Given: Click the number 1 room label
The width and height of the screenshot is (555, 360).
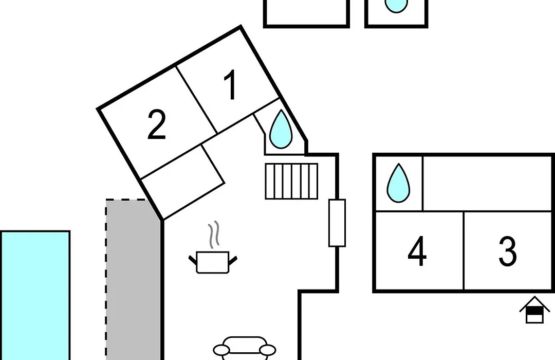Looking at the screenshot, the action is pos(231,85).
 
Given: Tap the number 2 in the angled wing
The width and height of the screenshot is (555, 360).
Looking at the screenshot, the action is pos(156,124).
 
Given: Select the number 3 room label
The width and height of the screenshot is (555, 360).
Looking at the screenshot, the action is pos(508,251).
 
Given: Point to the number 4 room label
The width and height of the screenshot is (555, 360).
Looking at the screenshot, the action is pos(417,251).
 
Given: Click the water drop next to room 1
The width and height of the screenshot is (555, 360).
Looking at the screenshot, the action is pos(281,129).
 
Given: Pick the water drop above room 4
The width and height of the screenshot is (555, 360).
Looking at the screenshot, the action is pos(398,183).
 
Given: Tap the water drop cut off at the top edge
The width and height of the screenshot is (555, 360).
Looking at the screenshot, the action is pos(396,5).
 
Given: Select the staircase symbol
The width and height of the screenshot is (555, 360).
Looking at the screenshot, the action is pos(291,181).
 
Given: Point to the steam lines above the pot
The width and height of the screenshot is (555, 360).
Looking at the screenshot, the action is pos(214,235).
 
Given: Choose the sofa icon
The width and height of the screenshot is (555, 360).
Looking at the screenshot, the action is pos(244,348).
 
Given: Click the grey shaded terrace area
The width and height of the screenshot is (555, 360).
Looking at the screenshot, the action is pos(133,280).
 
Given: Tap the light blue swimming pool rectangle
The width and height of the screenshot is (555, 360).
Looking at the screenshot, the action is pos(35,296).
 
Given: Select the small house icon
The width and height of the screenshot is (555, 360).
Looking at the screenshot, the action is pos(534,310).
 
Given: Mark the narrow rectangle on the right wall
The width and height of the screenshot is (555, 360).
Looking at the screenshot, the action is pos(337,223).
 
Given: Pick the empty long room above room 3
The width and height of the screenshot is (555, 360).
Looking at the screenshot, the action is pos(488,184).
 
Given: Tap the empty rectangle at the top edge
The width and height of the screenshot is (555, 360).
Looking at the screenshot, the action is pos(306,12).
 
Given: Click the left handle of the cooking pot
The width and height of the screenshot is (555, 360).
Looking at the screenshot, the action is pos(193,260).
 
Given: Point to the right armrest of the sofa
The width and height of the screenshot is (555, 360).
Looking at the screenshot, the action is pos(268,350).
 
